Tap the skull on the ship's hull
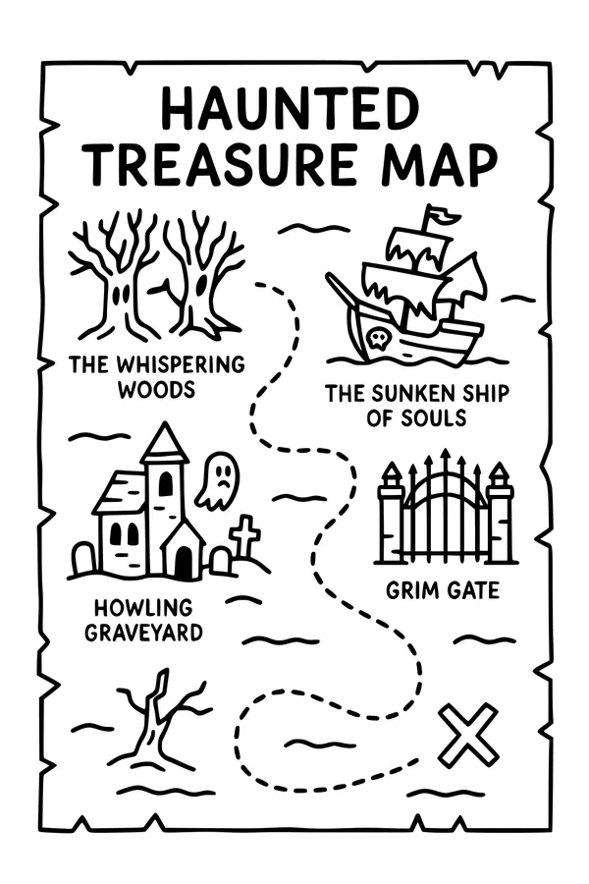[376, 339]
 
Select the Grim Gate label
[442, 591]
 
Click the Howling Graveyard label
[144, 619]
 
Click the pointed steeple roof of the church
[164, 444]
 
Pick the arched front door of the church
[184, 562]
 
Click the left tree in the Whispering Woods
[115, 275]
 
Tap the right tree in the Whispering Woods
[202, 275]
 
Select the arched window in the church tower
[166, 483]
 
